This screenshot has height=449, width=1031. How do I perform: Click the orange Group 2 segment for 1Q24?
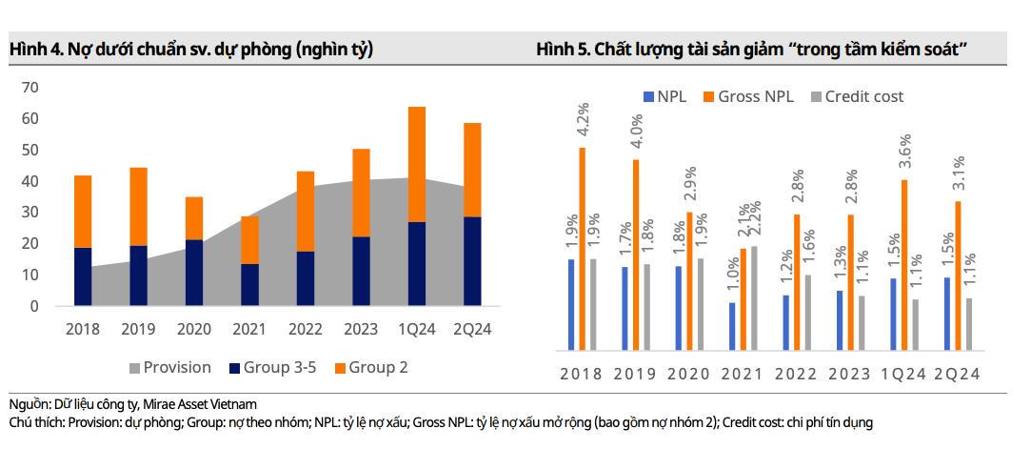pyautogui.click(x=416, y=164)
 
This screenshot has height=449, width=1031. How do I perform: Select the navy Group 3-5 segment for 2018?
pyautogui.click(x=83, y=276)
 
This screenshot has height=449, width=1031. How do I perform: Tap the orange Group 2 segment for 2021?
pyautogui.click(x=249, y=240)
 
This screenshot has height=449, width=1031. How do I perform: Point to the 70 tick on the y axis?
pyautogui.click(x=30, y=88)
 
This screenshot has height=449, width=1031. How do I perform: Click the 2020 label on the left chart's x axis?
pyautogui.click(x=193, y=329)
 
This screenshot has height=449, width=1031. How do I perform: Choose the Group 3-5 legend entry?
pyautogui.click(x=271, y=367)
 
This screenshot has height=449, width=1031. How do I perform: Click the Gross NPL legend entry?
pyautogui.click(x=749, y=96)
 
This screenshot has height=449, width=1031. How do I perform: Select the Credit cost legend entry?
pyautogui.click(x=856, y=96)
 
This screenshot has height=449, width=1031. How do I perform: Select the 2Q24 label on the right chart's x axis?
pyautogui.click(x=957, y=374)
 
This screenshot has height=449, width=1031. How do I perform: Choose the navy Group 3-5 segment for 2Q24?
pyautogui.click(x=471, y=261)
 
